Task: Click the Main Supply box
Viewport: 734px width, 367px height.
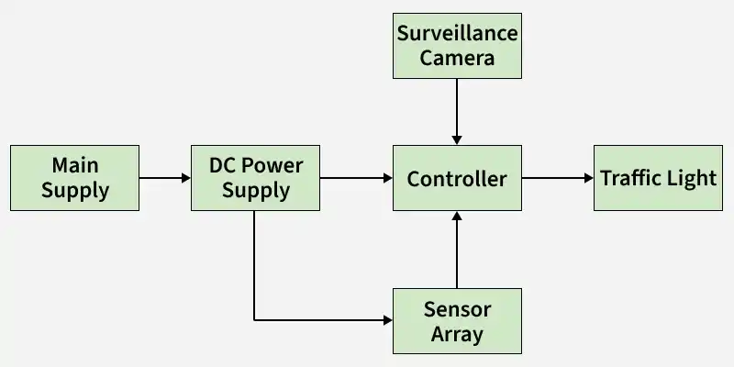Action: (x=75, y=178)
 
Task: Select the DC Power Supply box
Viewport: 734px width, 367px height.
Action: (x=256, y=178)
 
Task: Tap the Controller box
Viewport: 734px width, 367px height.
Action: (x=457, y=178)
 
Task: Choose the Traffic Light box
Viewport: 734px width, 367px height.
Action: (x=658, y=178)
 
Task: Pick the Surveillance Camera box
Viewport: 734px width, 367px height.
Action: (x=457, y=46)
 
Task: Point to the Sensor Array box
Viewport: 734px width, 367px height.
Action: (x=457, y=321)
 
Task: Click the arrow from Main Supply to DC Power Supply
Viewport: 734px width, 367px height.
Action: (x=165, y=178)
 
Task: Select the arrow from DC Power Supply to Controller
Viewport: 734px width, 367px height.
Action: (x=356, y=178)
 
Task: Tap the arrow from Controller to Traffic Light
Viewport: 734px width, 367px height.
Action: (x=558, y=178)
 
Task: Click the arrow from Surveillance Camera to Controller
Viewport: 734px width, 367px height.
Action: (x=457, y=112)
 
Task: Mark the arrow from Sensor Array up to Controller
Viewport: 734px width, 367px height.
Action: (x=457, y=250)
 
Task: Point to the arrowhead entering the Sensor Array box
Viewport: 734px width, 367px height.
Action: (x=388, y=320)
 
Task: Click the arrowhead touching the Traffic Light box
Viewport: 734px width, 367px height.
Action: (x=589, y=178)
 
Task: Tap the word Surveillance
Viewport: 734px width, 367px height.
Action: (x=457, y=33)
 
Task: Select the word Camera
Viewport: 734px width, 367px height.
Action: (x=457, y=59)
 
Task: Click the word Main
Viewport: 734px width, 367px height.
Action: (x=75, y=165)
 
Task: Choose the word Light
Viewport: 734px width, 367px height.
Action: (x=694, y=178)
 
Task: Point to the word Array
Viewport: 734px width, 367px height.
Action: (x=457, y=335)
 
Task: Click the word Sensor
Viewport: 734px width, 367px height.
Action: (x=457, y=309)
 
